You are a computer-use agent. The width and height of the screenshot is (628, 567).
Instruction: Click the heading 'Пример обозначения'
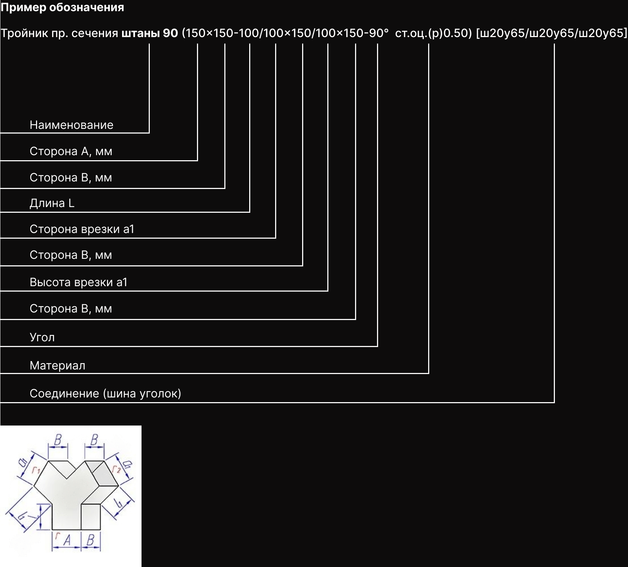(x=62, y=8)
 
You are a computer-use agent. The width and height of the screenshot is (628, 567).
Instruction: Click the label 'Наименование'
(x=71, y=125)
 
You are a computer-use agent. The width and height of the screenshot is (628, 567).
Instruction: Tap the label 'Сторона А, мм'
(x=71, y=151)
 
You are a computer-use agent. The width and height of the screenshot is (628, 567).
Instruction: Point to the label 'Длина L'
(x=52, y=203)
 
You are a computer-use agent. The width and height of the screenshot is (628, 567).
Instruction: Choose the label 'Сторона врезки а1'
(x=82, y=229)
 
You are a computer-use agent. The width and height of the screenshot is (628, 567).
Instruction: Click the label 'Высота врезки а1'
(x=78, y=282)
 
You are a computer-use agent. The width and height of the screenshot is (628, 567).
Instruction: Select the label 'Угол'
(x=42, y=337)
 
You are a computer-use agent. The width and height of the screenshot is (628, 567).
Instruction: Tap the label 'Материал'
(x=58, y=365)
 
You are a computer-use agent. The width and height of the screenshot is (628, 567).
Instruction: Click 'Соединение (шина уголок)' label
(x=105, y=393)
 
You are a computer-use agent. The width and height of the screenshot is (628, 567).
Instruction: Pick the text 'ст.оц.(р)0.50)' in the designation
(x=433, y=33)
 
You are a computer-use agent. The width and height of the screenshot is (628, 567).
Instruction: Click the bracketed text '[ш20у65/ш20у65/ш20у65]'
(x=552, y=33)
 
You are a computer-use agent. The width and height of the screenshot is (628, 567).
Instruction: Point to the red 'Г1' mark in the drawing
(x=36, y=470)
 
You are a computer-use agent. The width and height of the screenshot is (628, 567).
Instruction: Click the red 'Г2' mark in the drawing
(x=116, y=469)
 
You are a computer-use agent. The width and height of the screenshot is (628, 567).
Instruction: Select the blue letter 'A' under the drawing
(x=67, y=540)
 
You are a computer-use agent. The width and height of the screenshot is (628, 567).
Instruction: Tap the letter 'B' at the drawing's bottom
(x=90, y=540)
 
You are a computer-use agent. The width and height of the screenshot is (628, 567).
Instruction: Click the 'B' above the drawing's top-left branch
(x=58, y=440)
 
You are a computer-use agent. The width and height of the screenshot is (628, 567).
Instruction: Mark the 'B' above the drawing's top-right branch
(x=94, y=440)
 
